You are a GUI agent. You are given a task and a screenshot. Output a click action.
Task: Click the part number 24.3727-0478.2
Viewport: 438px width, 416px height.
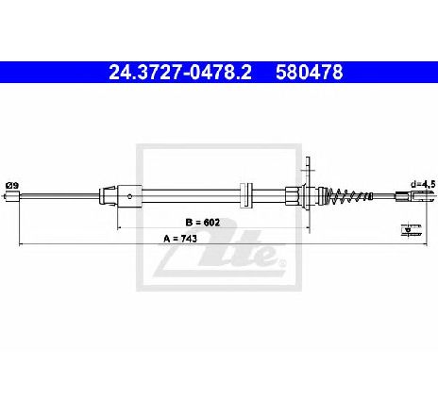(x=180, y=73)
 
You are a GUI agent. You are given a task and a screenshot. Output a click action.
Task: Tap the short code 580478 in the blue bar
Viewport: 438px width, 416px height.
(x=310, y=73)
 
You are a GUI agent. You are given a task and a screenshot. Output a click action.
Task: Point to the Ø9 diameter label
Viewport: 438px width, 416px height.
(x=12, y=186)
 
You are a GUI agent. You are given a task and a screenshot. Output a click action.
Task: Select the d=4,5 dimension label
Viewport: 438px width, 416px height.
(x=423, y=184)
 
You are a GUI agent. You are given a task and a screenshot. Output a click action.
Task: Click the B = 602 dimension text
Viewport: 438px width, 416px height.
(x=203, y=223)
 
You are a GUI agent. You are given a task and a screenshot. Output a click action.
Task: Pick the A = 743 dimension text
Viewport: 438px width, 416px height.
(x=180, y=239)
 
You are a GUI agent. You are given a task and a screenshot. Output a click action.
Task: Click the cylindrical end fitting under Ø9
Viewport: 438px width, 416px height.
(x=13, y=196)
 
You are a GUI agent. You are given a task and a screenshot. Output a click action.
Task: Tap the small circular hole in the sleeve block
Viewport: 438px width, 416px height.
(x=129, y=197)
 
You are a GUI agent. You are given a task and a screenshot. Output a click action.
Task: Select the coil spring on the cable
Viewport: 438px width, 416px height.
(x=348, y=196)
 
